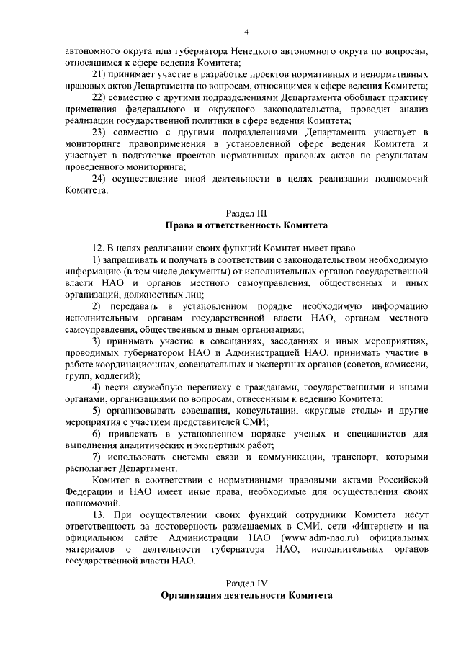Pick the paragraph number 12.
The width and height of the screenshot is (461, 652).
tap(99, 248)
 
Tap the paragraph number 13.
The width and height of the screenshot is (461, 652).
tap(99, 515)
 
